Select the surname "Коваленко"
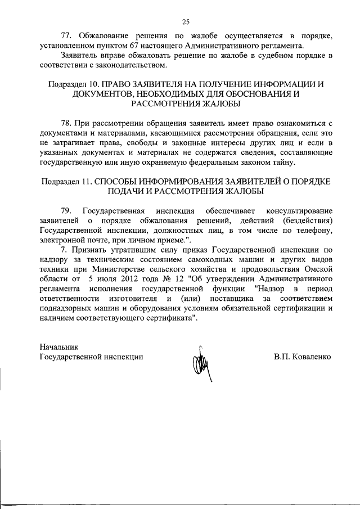tap(310, 357)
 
